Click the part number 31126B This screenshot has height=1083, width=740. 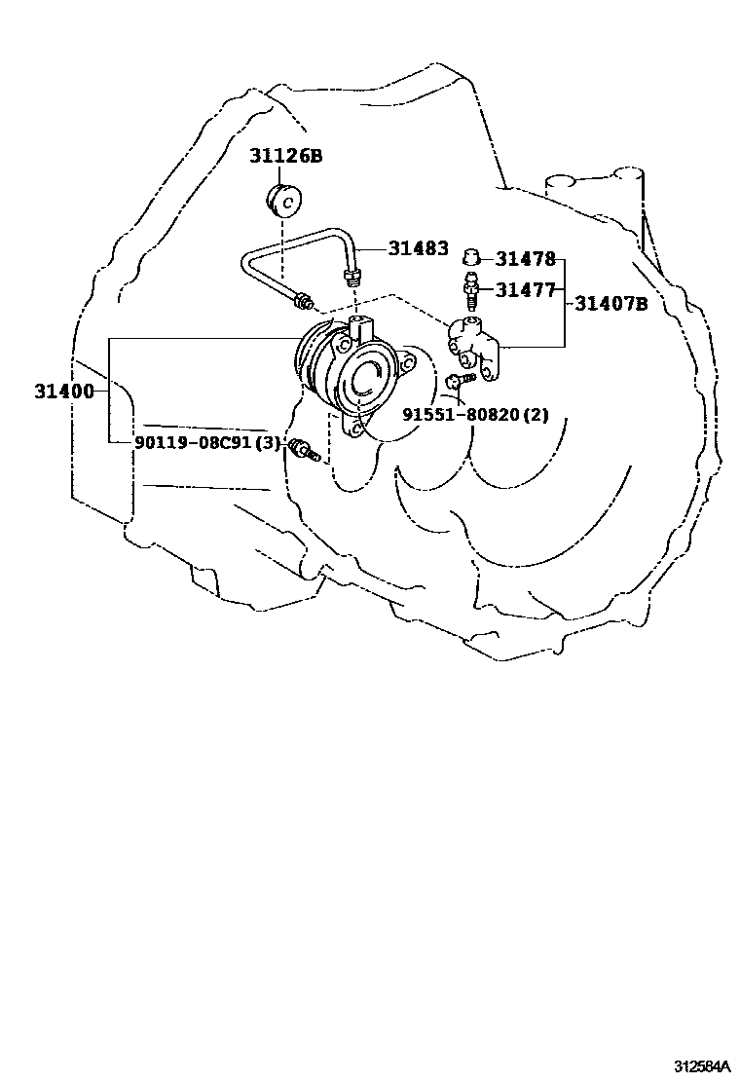pyautogui.click(x=284, y=156)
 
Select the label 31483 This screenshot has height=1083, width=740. pyautogui.click(x=418, y=248)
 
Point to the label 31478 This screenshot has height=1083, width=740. pyautogui.click(x=525, y=259)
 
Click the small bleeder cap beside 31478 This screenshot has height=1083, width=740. pyautogui.click(x=472, y=257)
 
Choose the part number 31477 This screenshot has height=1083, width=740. pyautogui.click(x=525, y=289)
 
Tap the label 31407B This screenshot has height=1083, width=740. pyautogui.click(x=610, y=303)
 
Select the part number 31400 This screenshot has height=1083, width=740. pyautogui.click(x=64, y=392)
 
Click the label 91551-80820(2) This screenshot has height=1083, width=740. pyautogui.click(x=476, y=414)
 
